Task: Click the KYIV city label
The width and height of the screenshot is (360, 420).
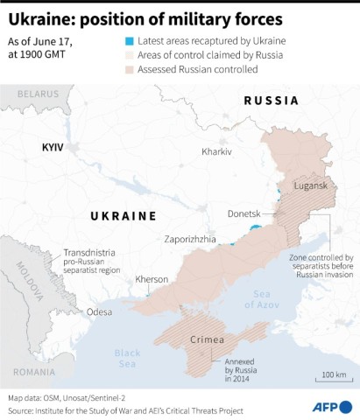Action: coord(53,148)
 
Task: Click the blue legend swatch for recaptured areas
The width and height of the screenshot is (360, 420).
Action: coord(129,41)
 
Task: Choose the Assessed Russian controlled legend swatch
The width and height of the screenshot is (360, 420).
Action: coord(129,69)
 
